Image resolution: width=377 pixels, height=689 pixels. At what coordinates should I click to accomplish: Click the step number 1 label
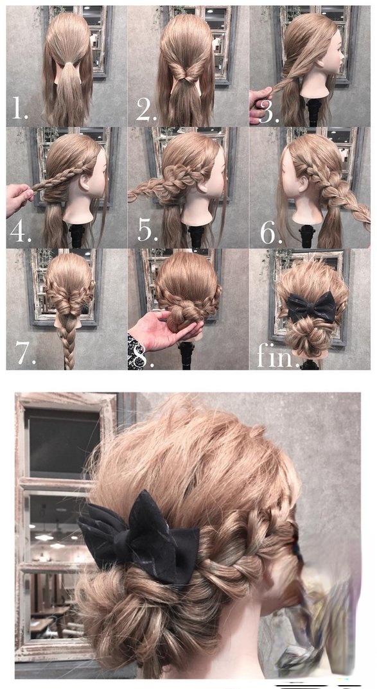(20, 109)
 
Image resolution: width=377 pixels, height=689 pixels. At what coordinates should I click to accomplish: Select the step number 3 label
(269, 112)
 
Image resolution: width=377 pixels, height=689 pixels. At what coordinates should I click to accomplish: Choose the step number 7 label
(26, 353)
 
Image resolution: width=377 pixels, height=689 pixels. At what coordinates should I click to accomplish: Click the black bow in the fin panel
(311, 307)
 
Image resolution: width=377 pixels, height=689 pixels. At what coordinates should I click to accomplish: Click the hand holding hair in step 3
(259, 105)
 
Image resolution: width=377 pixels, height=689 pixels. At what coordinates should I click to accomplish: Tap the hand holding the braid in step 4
(20, 199)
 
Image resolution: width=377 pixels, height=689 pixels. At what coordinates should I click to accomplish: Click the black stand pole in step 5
(196, 236)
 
